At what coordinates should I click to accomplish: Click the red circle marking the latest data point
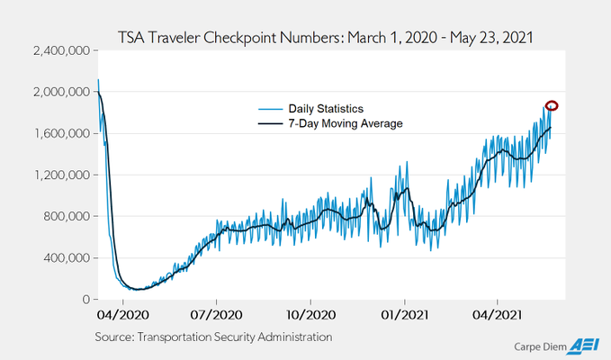[552, 106]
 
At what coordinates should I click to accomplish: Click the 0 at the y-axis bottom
[84, 299]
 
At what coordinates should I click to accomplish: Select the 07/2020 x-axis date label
[217, 316]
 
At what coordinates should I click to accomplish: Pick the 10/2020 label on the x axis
[310, 316]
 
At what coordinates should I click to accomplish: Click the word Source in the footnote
[116, 337]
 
